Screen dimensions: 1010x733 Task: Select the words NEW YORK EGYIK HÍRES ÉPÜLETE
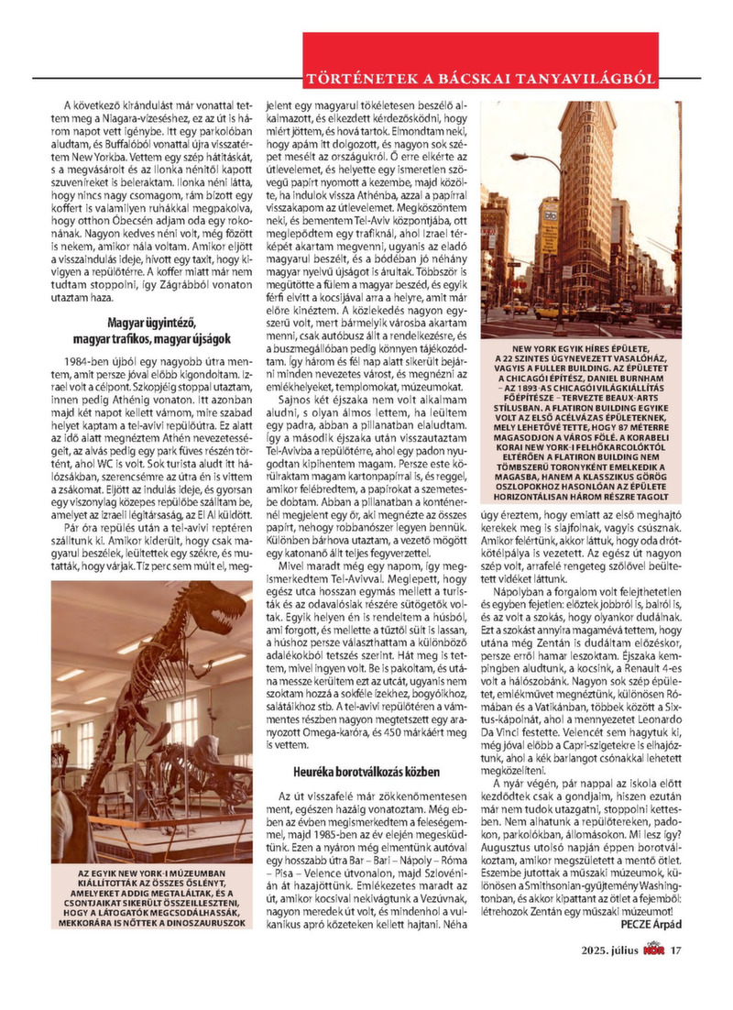click(581, 349)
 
